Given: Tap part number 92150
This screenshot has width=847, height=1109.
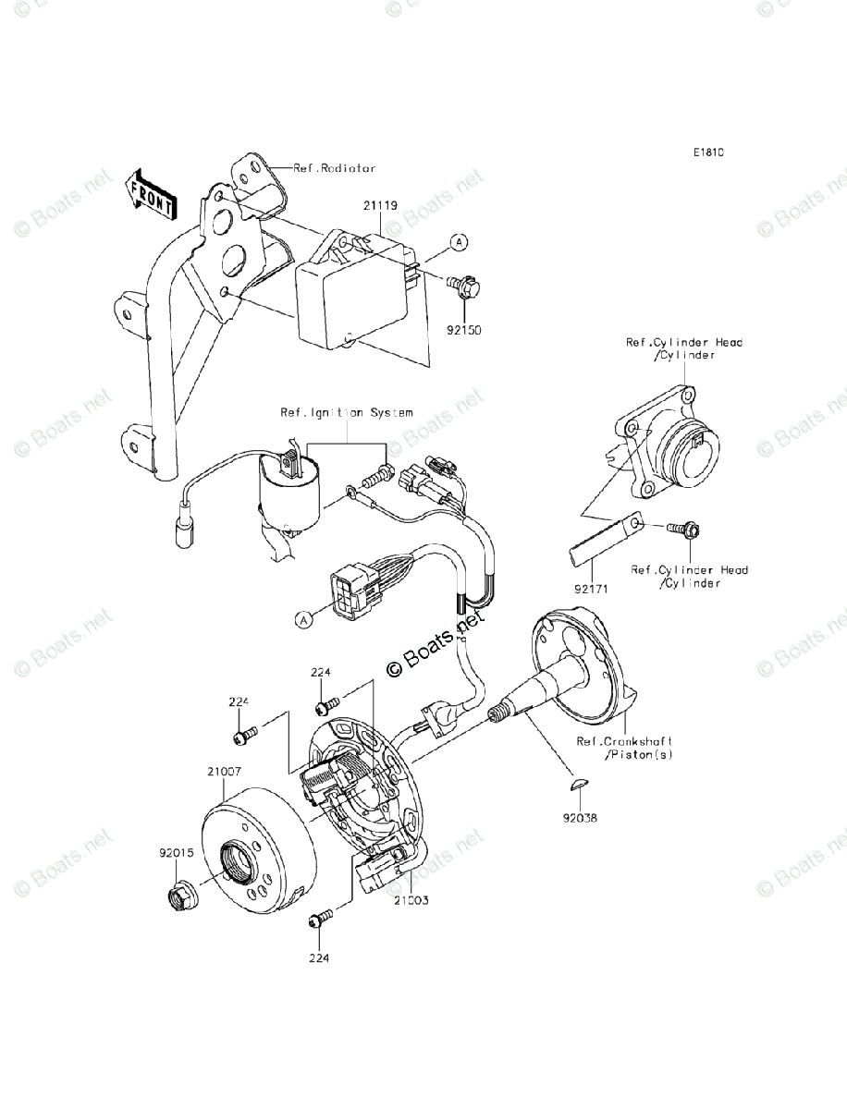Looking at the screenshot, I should point(466,328).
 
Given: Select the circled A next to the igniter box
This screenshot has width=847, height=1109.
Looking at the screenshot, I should point(459,242).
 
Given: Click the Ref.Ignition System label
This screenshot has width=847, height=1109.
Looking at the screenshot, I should point(347,412).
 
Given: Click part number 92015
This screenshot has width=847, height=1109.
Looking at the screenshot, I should point(176,854).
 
